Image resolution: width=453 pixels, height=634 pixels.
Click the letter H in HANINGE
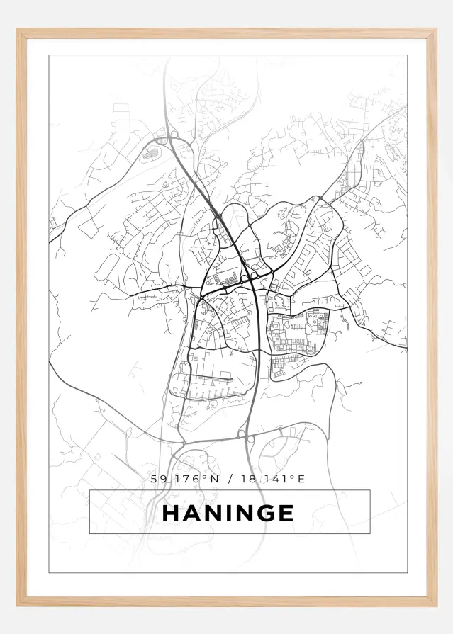click(172, 513)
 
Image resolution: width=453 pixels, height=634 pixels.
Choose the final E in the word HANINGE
click(286, 513)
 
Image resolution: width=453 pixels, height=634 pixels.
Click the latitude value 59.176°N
click(186, 480)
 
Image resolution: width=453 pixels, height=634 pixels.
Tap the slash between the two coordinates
click(232, 480)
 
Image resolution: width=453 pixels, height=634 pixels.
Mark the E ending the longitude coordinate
click(301, 480)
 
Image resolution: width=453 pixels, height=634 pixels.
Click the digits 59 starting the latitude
click(156, 480)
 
